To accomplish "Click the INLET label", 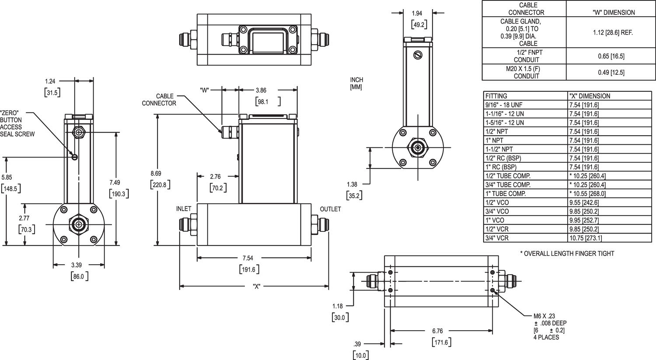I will (x=184, y=209).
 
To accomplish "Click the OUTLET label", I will (x=330, y=209).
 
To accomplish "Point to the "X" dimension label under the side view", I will (x=257, y=287).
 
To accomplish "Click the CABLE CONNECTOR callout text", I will (x=159, y=100).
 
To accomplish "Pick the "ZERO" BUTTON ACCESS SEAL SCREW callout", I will (x=17, y=123).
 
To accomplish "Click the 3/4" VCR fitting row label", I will (x=497, y=238).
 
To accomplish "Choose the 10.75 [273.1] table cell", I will (x=586, y=238).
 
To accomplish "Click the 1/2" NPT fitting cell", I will (x=496, y=131).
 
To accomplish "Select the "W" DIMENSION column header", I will (x=611, y=12).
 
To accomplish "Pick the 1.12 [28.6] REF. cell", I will (x=611, y=32).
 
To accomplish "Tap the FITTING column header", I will (x=496, y=96).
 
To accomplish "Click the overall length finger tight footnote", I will (x=567, y=253).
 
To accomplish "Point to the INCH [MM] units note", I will (x=356, y=83).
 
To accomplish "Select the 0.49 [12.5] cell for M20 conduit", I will (x=611, y=72).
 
